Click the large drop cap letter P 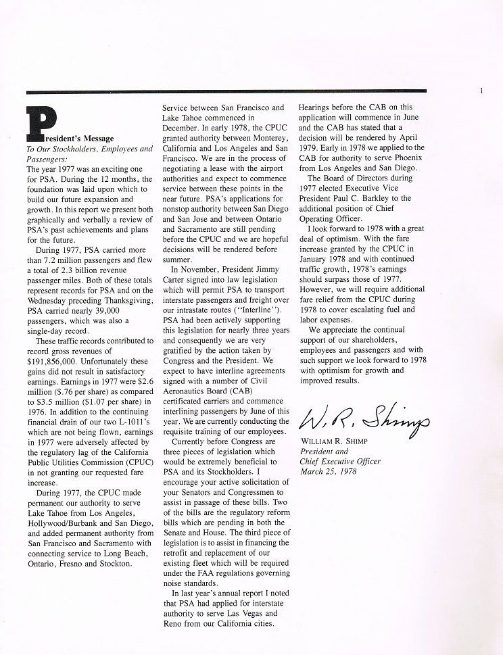[x=39, y=122]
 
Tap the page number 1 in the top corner [x=481, y=90]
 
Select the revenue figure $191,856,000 [x=55, y=362]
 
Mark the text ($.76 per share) [x=79, y=392]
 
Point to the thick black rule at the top [x=226, y=91]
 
